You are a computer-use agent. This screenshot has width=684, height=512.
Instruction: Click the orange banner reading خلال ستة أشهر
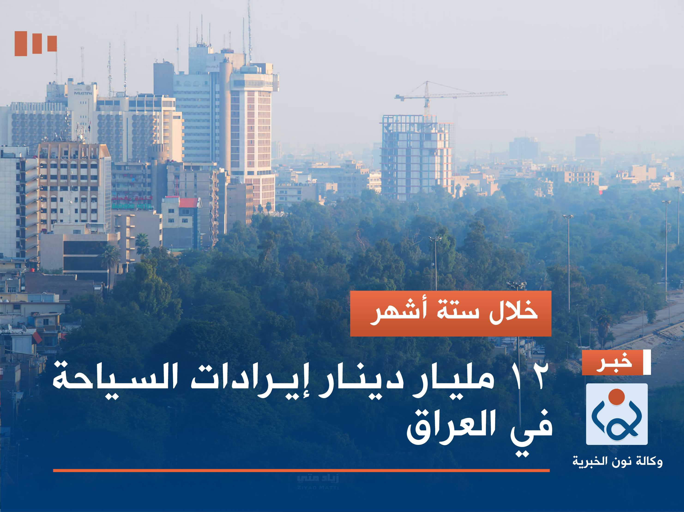(x=451, y=314)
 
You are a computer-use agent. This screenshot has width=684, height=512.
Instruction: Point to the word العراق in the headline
(x=452, y=428)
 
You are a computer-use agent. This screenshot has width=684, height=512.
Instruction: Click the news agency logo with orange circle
(x=617, y=414)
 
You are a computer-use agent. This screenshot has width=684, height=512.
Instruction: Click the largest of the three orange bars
(x=21, y=44)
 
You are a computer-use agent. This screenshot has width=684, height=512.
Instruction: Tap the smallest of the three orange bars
(x=52, y=44)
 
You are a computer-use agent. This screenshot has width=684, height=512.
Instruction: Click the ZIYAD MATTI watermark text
(x=318, y=488)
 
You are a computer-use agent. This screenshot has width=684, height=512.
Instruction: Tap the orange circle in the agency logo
(x=617, y=397)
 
